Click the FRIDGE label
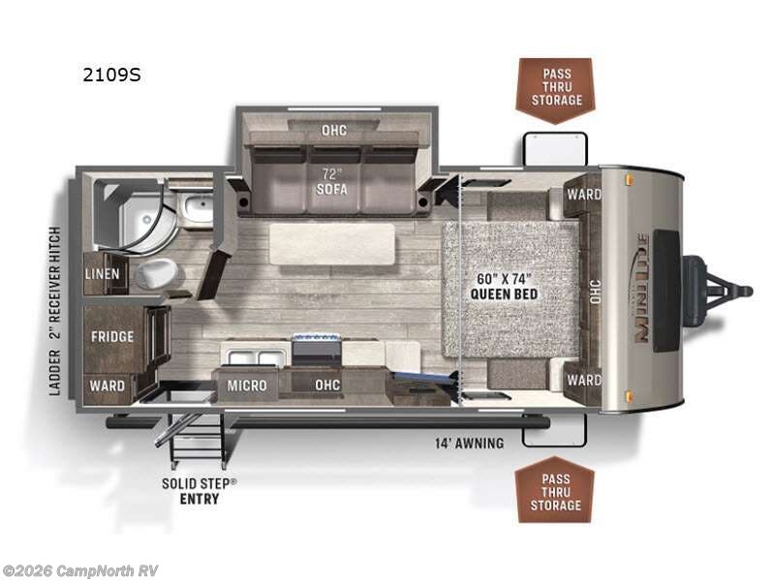click(112, 337)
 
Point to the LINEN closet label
click(103, 274)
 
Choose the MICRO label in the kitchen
click(247, 385)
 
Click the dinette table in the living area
click(331, 243)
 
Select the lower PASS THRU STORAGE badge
click(555, 491)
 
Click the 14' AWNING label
click(469, 444)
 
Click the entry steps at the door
click(194, 440)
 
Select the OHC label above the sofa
click(333, 130)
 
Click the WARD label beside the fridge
click(108, 385)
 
